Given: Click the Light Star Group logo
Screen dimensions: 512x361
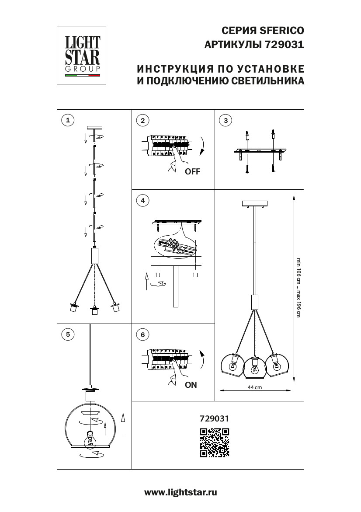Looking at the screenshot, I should (83, 55).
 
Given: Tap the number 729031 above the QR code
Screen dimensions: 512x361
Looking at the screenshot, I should (214, 418).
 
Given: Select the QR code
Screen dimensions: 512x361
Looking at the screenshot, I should (214, 442).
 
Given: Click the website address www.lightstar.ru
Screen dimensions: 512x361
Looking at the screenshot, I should (180, 492).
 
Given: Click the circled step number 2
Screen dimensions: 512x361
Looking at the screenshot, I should (142, 120).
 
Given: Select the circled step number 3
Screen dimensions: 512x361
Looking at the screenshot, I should (225, 120).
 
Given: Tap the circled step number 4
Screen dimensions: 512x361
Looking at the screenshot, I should (142, 201).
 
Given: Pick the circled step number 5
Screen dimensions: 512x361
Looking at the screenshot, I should (67, 334).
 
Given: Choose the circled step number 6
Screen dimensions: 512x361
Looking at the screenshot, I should (142, 334).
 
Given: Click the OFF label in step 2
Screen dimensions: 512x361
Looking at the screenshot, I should (192, 172).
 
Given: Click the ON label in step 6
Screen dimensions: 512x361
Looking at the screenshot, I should (191, 385).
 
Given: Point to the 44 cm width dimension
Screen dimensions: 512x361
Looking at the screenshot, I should (254, 387).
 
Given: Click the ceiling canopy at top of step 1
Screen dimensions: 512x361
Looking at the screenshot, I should (94, 128).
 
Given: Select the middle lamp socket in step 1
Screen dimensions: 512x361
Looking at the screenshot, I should (94, 311).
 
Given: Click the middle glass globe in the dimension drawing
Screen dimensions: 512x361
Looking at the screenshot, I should (254, 369).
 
